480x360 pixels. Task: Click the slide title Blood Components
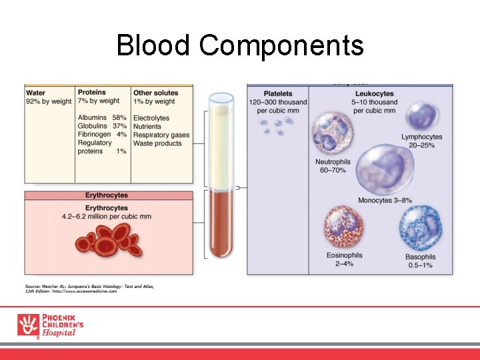tap(240, 46)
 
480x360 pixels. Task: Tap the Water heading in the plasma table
tap(36, 93)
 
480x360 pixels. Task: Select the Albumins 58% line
tap(102, 118)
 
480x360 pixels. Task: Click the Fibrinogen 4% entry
tap(102, 134)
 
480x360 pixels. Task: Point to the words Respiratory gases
tap(161, 135)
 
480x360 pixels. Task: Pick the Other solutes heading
tap(156, 93)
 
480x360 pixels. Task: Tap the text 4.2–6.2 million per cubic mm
tap(107, 217)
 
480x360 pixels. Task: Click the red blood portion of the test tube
tap(221, 223)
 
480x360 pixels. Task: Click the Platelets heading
tap(277, 93)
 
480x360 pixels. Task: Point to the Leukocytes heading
tap(375, 93)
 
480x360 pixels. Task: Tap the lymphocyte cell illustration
tap(422, 116)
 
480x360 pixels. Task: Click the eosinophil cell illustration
tap(345, 226)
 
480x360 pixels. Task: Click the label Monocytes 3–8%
tap(385, 200)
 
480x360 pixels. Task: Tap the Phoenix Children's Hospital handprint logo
tap(28, 325)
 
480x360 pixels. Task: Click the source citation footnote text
tap(90, 288)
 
